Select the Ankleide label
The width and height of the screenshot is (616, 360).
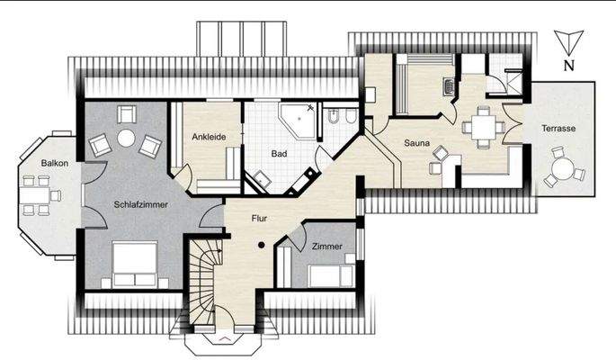[209, 137]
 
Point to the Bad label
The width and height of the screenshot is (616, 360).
[280, 154]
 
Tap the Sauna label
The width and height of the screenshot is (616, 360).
[416, 143]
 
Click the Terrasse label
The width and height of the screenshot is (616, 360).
[558, 129]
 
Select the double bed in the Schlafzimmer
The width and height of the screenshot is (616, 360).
[135, 266]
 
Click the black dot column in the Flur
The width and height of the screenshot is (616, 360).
[261, 245]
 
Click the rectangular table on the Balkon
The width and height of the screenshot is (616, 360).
[39, 193]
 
